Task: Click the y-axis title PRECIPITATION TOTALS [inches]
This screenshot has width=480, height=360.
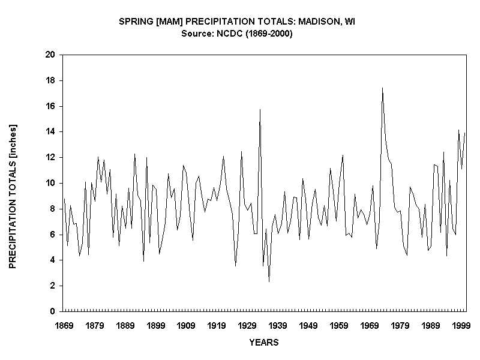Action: click(13, 196)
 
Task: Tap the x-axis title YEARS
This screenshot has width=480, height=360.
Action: click(264, 343)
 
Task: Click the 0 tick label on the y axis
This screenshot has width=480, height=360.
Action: click(53, 311)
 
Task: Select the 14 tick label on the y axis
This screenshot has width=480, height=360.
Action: click(50, 131)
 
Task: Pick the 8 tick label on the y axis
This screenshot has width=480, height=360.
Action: click(53, 209)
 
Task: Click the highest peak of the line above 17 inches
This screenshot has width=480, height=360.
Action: click(382, 88)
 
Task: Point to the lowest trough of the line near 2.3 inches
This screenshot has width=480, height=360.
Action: click(269, 281)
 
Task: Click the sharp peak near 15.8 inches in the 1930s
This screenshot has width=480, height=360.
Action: click(260, 109)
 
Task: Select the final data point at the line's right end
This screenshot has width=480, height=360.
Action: click(465, 133)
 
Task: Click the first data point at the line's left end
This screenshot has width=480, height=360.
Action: click(64, 198)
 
